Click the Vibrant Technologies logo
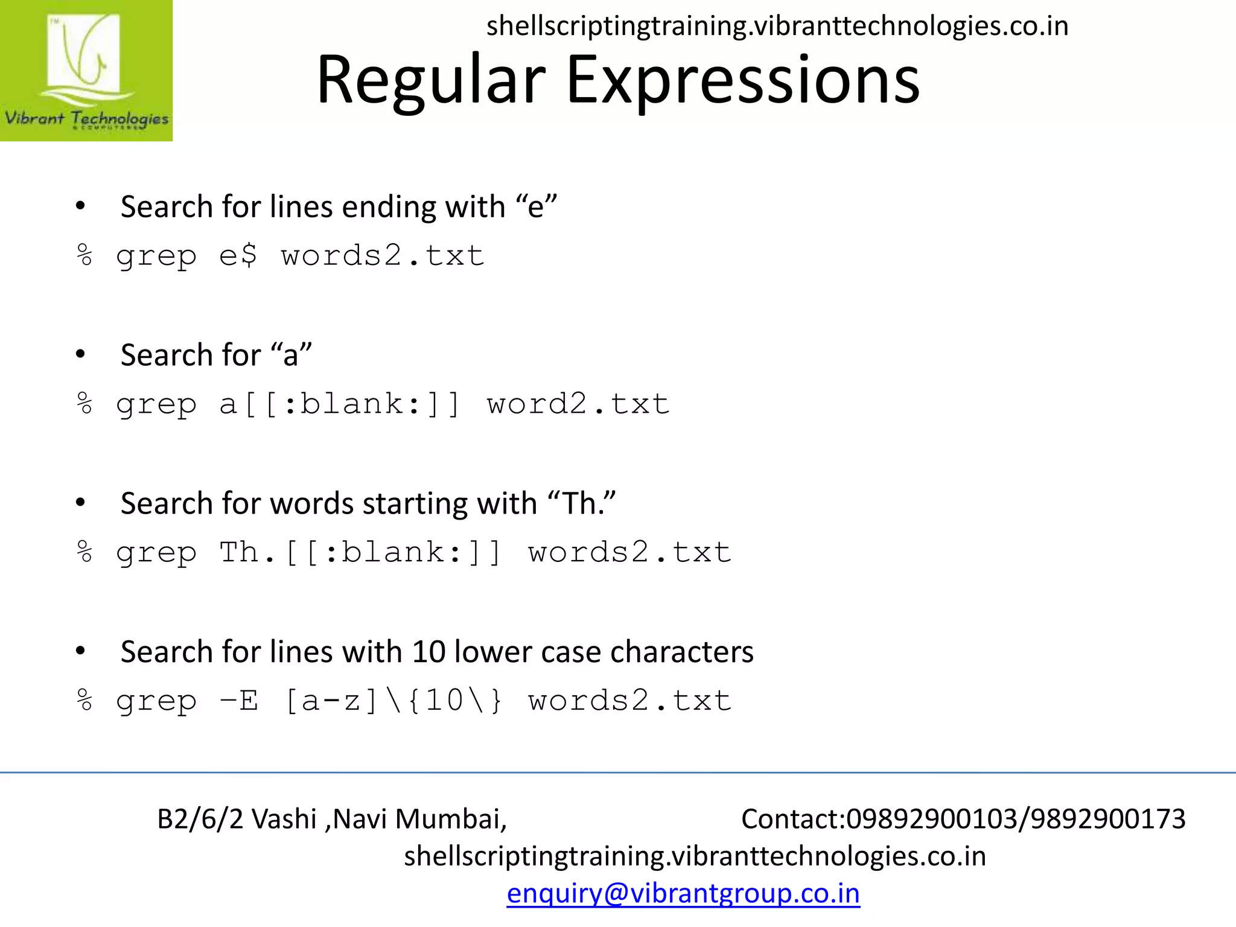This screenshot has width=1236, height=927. [86, 71]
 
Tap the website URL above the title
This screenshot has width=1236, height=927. [777, 26]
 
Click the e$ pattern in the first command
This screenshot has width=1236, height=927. [238, 256]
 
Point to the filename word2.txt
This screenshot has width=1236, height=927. [578, 404]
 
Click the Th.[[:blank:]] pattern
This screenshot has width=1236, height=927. [360, 552]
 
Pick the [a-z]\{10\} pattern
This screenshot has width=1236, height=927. [393, 701]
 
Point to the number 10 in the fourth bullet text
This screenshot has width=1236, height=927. [428, 652]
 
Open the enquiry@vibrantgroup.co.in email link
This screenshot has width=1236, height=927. [683, 893]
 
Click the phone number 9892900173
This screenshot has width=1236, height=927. [1108, 819]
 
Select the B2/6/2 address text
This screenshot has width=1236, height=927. [200, 819]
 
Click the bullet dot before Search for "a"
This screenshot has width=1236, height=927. [80, 354]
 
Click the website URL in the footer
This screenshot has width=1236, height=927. [695, 856]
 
